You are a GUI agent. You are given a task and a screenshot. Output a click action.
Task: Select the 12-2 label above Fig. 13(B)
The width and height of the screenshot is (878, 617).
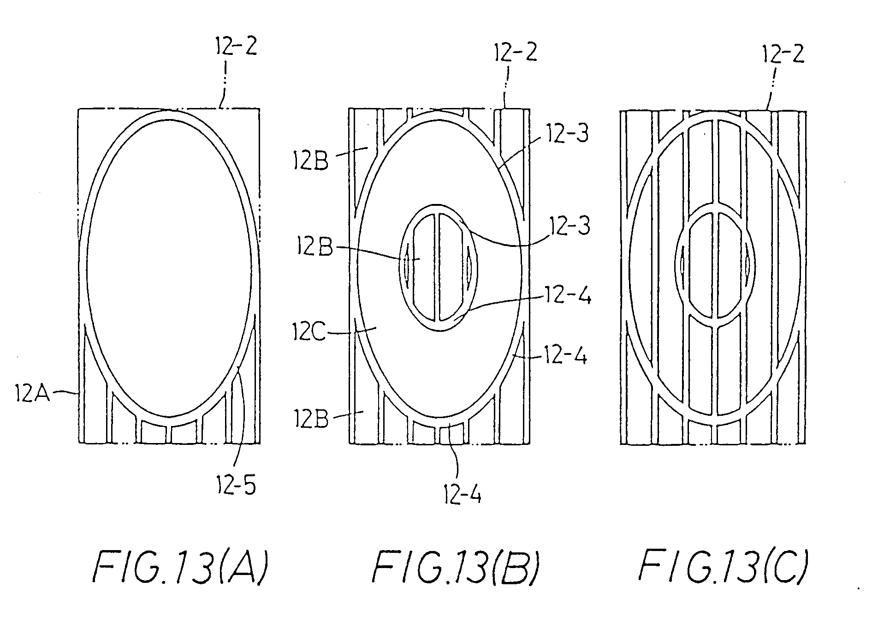point(515,53)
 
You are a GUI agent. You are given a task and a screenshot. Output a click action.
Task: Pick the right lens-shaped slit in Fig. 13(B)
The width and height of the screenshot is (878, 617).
point(469,267)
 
